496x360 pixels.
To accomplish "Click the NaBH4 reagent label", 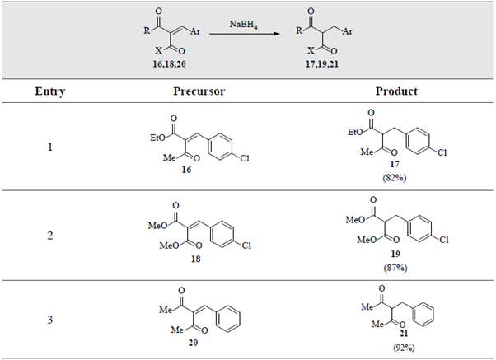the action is [x=243, y=25].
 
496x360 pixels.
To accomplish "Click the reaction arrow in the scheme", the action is [x=245, y=34].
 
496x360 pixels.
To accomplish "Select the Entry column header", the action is [x=50, y=91].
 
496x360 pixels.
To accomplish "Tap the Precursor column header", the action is [x=199, y=91].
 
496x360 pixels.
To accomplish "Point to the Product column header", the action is [x=396, y=91].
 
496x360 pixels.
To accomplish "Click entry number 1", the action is [x=50, y=147].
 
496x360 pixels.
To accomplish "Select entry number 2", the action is [x=50, y=236].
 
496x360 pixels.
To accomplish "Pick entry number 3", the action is [x=50, y=320].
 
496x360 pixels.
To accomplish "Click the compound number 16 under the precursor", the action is [x=186, y=170].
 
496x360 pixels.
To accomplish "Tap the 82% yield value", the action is [x=395, y=178].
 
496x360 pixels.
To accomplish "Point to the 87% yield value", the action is [x=395, y=268].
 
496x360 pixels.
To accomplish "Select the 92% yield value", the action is [x=404, y=348].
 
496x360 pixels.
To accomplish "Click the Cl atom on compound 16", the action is [x=245, y=158].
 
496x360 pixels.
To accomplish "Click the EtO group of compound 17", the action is [x=356, y=132].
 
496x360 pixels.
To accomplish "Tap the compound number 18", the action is [x=195, y=259].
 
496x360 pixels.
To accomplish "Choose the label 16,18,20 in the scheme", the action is [x=169, y=64].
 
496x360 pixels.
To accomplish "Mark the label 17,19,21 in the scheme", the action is [x=322, y=64].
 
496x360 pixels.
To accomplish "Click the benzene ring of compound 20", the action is [x=228, y=319].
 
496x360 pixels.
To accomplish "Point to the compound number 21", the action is [x=404, y=334].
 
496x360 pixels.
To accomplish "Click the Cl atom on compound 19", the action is [x=444, y=240].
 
